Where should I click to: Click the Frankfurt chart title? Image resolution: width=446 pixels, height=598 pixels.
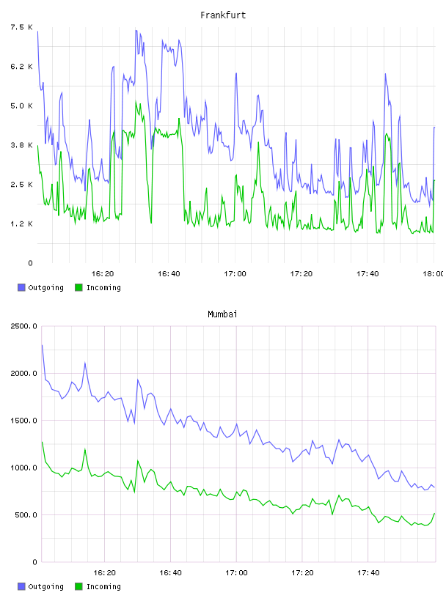coord(223,15)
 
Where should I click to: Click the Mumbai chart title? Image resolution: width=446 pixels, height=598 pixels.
coord(222,314)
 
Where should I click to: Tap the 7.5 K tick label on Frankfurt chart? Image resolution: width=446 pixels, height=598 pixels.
coord(21,27)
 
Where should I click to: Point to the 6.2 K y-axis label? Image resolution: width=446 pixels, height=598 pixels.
coord(21,67)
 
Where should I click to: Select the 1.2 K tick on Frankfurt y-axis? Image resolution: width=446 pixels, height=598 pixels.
coord(21,224)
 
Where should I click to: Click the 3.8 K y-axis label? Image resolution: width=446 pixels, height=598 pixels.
coord(21,145)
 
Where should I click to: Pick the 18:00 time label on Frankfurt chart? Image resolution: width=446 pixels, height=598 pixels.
coord(434,274)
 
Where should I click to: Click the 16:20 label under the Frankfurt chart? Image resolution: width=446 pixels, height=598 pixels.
coord(103,274)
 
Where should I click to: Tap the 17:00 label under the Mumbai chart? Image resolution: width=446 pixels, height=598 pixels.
coord(236,573)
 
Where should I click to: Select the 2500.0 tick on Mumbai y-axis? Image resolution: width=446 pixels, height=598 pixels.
coord(23,326)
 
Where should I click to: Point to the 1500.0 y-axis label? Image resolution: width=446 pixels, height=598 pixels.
coord(23,420)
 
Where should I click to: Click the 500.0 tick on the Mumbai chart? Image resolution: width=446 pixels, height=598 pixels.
coord(26,515)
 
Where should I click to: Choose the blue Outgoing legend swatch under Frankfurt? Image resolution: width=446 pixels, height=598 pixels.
coord(21,287)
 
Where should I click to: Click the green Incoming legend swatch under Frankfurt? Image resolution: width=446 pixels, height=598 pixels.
coord(78,287)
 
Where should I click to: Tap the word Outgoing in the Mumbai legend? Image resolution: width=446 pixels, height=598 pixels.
coord(45,586)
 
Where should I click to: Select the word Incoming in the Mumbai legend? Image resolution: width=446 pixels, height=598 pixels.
coord(103,586)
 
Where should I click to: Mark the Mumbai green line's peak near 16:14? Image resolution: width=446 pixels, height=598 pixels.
coord(85,449)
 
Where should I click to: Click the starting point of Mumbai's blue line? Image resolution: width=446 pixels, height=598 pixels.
coord(42,345)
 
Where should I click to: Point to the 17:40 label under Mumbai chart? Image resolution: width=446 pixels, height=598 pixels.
coord(368,573)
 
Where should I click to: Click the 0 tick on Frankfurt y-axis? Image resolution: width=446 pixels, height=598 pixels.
coord(30,263)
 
